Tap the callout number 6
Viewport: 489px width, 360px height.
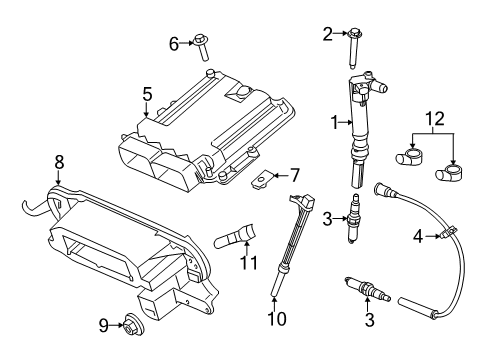click(x=173, y=43)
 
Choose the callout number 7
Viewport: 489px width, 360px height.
click(x=295, y=175)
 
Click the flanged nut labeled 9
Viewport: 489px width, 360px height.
click(x=128, y=324)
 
